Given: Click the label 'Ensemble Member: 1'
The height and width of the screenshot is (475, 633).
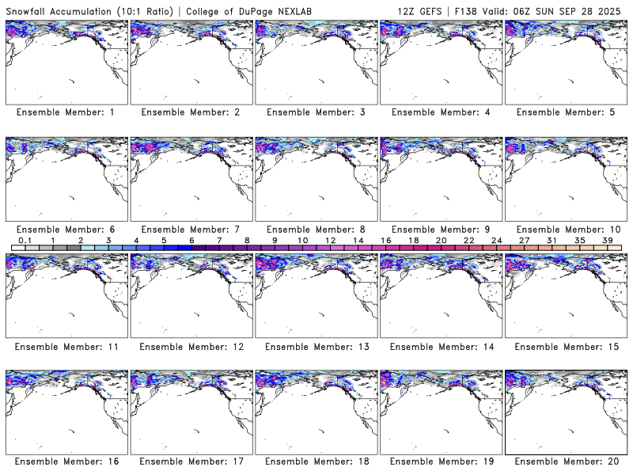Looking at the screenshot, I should tap(65, 112).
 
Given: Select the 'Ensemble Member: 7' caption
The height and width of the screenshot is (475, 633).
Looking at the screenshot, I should tap(190, 230).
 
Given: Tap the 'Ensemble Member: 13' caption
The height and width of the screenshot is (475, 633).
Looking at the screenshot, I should tap(315, 347).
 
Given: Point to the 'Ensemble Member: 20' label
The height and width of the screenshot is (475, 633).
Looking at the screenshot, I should tap(565, 462).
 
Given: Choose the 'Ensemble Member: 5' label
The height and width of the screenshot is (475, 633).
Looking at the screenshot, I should tap(565, 112).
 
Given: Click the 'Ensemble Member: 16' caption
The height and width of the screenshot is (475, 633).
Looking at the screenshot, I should tap(65, 462).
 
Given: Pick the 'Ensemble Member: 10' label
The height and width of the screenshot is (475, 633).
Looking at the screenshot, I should tap(565, 230).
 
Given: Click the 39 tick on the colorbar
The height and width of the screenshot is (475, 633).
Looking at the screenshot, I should tap(607, 240).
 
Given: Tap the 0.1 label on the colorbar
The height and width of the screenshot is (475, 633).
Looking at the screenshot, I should tap(25, 240).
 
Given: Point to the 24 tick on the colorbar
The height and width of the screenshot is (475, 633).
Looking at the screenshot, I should tap(496, 240).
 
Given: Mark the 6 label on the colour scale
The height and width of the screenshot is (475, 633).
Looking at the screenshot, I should tap(191, 240).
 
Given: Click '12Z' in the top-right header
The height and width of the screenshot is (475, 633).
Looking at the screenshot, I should tap(408, 9).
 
